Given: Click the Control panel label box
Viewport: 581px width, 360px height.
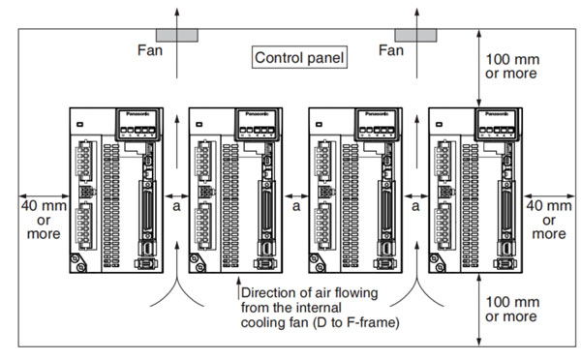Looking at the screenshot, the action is click(x=299, y=57).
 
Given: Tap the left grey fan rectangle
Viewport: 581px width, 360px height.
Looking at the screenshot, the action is click(x=177, y=36).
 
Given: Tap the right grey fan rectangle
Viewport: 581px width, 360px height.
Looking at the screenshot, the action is click(x=415, y=36).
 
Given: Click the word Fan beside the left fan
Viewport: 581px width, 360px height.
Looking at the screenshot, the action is click(x=150, y=50).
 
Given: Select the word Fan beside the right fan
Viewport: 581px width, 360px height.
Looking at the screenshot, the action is click(x=391, y=50).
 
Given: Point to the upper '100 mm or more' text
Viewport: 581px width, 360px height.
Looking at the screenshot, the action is click(x=512, y=67).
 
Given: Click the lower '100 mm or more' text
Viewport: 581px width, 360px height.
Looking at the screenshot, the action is click(x=512, y=309).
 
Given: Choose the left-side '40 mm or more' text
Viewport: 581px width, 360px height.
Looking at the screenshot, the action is click(x=44, y=220).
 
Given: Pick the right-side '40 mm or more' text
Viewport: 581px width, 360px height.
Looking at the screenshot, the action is click(x=549, y=220).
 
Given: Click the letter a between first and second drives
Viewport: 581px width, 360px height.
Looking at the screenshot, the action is click(x=177, y=206).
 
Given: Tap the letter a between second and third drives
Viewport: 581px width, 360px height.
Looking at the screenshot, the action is click(x=296, y=206).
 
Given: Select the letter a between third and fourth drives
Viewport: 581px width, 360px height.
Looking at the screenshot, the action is click(x=415, y=206).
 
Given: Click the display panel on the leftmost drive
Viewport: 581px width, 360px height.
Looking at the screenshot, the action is click(x=138, y=125).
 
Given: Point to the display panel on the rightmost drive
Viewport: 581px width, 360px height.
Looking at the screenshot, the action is click(x=498, y=125).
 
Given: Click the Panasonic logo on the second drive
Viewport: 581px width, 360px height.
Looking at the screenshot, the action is click(x=258, y=113).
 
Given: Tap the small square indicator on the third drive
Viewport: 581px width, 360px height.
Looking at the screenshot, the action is click(x=319, y=125).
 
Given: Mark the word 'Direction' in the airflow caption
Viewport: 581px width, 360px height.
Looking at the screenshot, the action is click(x=265, y=292).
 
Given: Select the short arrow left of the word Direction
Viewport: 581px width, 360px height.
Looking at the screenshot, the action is click(x=238, y=287).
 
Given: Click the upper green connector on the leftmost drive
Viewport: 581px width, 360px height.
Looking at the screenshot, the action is click(x=84, y=161).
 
